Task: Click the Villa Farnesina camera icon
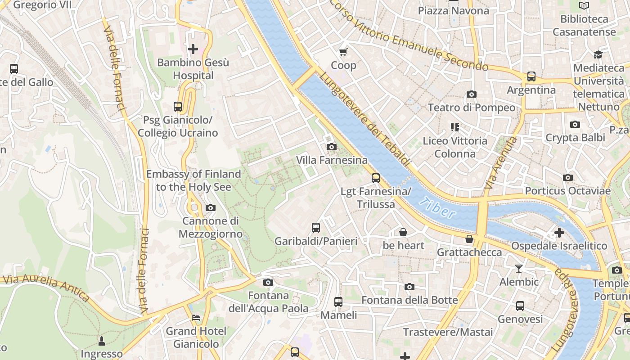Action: coord(331,147)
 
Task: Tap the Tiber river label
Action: coord(437,208)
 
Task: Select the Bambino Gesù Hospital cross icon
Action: coord(193,49)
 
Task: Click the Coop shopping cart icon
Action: coord(343,52)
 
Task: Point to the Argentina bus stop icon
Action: coord(531,76)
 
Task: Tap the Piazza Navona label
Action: coord(453,10)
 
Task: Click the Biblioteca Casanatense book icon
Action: coord(584,6)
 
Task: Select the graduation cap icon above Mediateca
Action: coord(598,54)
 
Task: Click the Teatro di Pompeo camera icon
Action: coord(472,94)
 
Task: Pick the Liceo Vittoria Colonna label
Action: coord(455,147)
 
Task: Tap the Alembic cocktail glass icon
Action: coord(519,269)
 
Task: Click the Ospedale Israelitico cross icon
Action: coord(559,233)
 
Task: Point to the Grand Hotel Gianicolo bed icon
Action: coord(196,318)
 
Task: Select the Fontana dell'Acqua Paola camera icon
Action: coord(268,282)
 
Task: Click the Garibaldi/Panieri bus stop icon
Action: coord(316,228)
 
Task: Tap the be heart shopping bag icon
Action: coord(403,232)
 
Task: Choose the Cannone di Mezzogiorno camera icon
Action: coord(210,207)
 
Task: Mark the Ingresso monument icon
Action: coord(102,341)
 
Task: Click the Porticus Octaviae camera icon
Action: coord(568,178)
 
